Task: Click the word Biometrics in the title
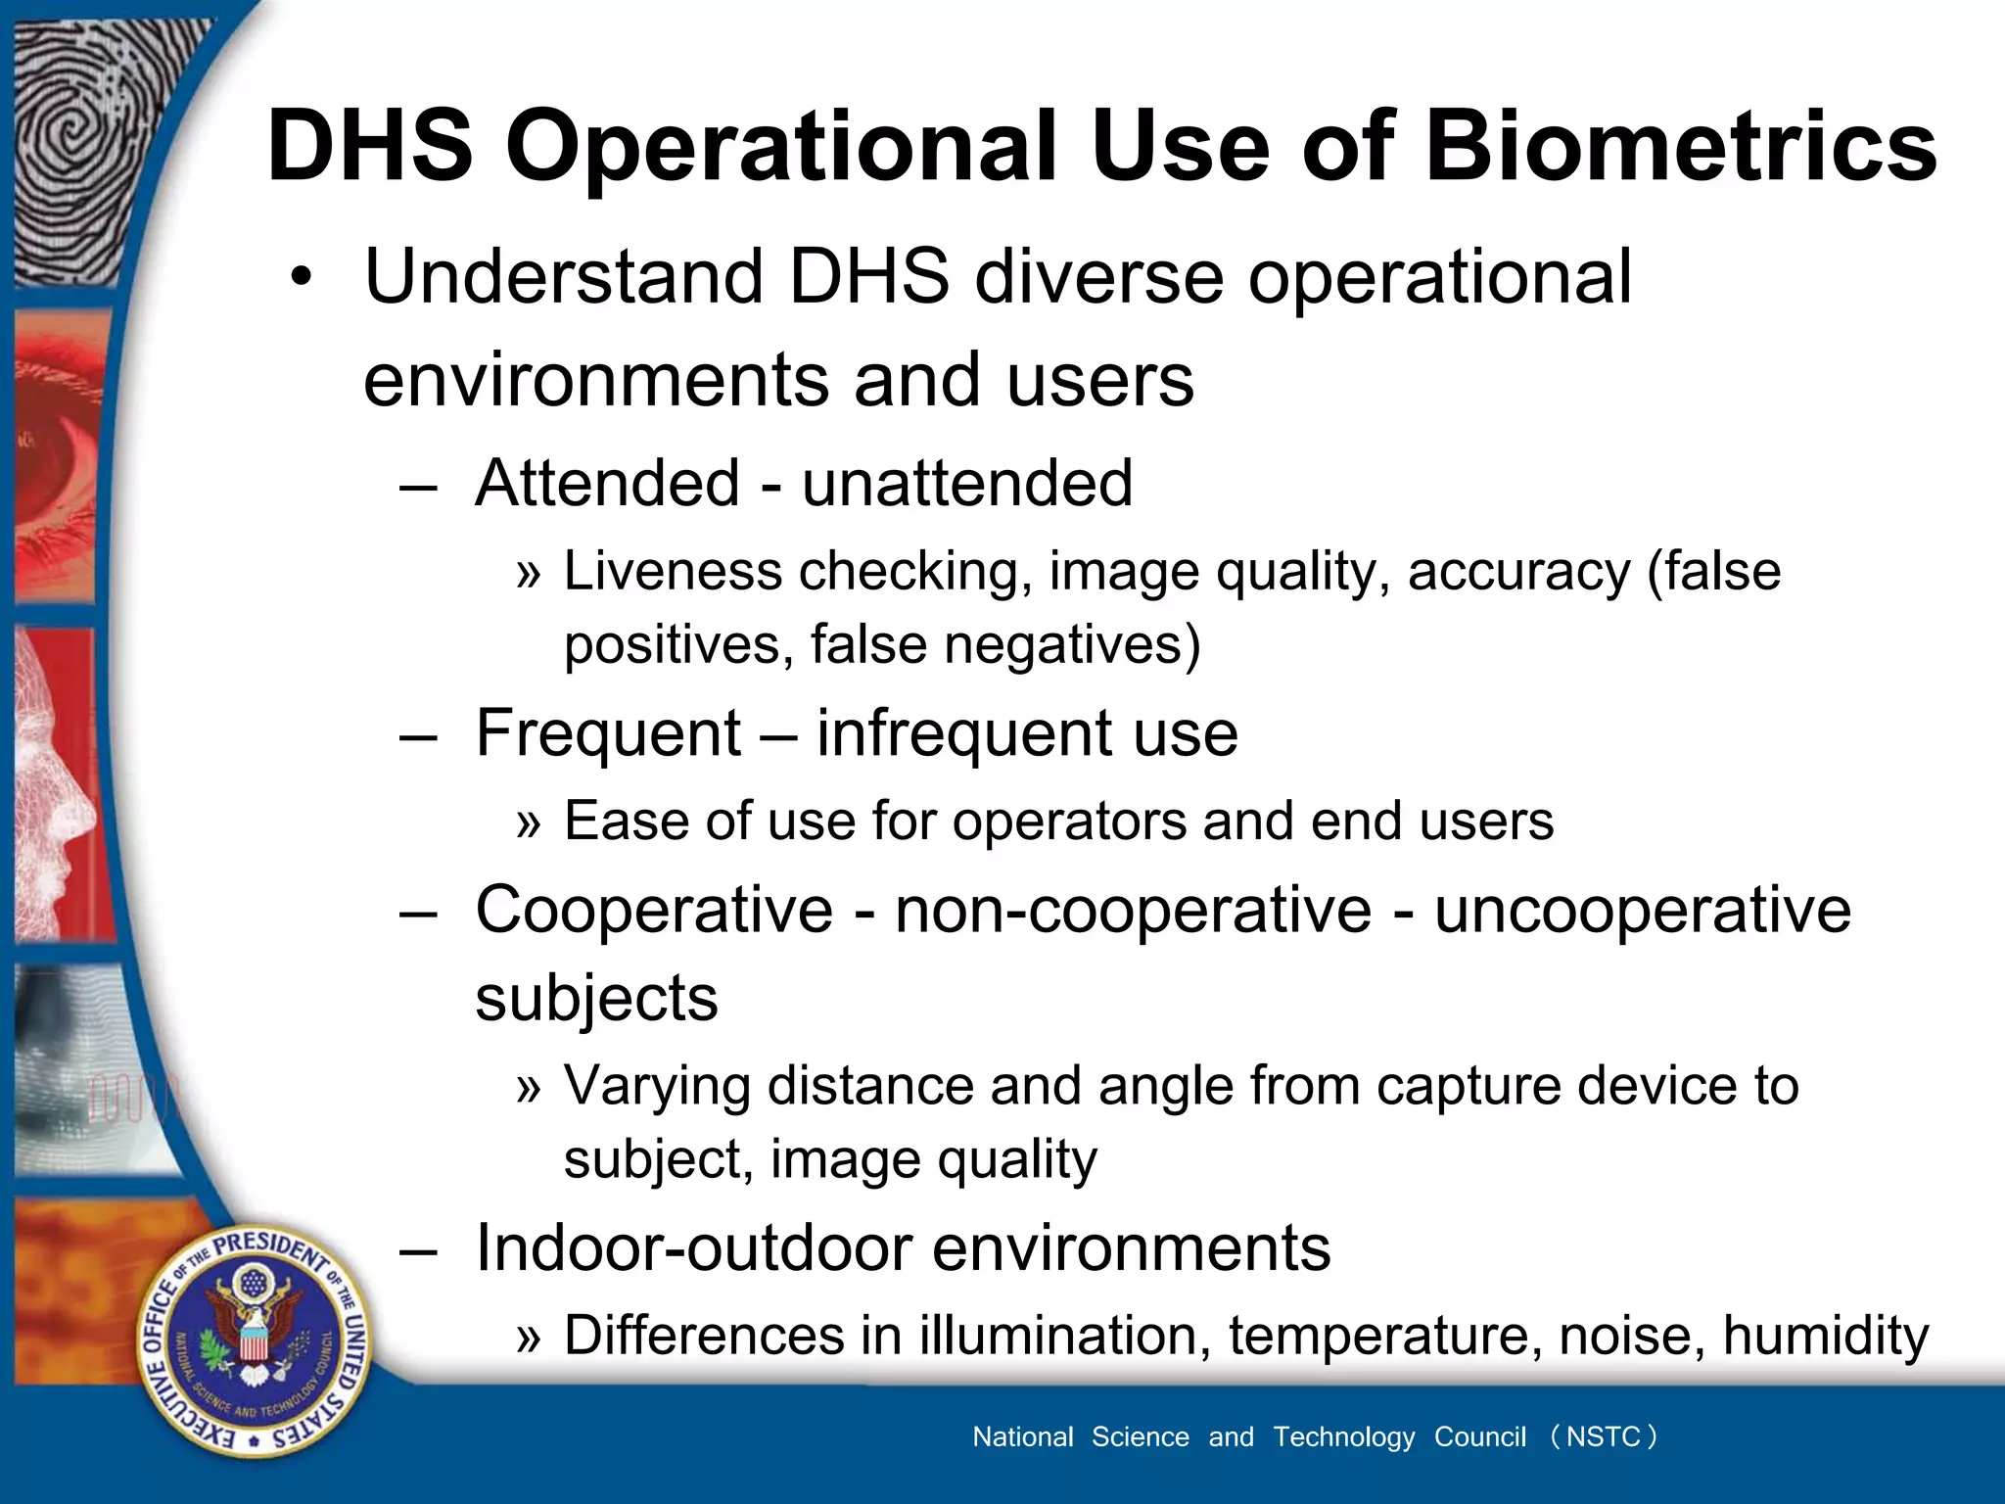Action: coord(1680,147)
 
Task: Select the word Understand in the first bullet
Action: coord(563,277)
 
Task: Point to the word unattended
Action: coord(966,483)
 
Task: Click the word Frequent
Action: coord(608,733)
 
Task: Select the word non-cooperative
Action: coord(1133,910)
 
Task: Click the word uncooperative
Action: coord(1642,910)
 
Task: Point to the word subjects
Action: coord(596,998)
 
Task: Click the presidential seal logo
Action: coord(254,1340)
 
